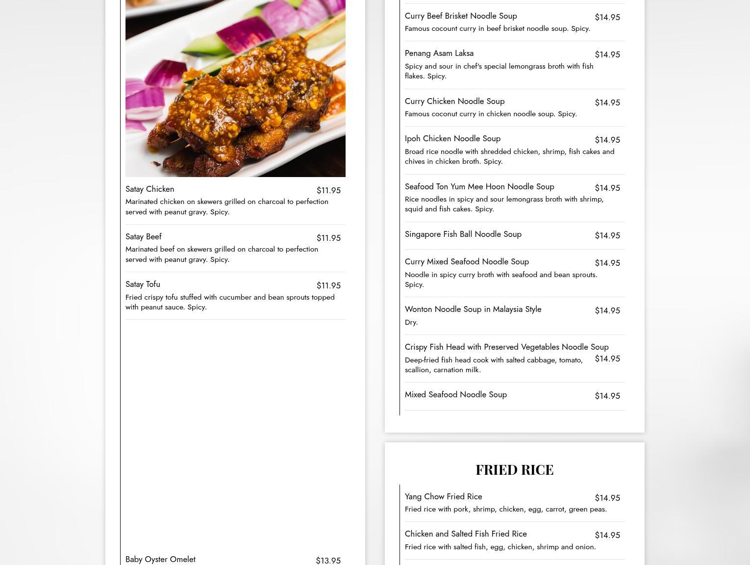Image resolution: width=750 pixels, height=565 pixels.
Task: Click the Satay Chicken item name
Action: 150,189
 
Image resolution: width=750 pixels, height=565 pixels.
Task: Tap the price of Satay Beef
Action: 328,238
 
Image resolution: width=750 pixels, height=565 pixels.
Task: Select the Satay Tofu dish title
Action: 143,284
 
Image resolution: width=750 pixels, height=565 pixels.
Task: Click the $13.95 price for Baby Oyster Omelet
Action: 328,561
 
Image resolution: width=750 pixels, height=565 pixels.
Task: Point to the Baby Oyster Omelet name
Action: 160,560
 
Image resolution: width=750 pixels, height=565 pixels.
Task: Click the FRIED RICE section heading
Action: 514,470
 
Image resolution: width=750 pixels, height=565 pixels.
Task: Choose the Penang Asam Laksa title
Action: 439,53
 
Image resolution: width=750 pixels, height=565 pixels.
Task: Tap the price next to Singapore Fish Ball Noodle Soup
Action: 607,235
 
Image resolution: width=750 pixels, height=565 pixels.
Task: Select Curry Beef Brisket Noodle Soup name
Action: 460,16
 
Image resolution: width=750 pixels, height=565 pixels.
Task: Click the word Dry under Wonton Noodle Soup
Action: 411,322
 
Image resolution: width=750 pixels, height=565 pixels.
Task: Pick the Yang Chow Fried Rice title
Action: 443,497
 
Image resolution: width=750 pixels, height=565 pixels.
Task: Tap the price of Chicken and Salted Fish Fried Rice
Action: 607,535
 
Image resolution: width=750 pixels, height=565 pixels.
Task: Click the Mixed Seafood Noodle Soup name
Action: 455,395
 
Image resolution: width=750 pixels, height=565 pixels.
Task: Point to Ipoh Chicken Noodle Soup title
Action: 452,139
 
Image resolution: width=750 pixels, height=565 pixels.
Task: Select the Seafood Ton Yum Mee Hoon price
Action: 607,188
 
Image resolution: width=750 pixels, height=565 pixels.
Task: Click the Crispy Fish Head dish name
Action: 506,347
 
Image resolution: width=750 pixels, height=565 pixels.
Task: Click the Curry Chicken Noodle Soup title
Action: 454,102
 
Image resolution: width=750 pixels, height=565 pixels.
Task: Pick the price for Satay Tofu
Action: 328,285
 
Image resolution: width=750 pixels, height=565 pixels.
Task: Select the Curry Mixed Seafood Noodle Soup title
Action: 467,262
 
